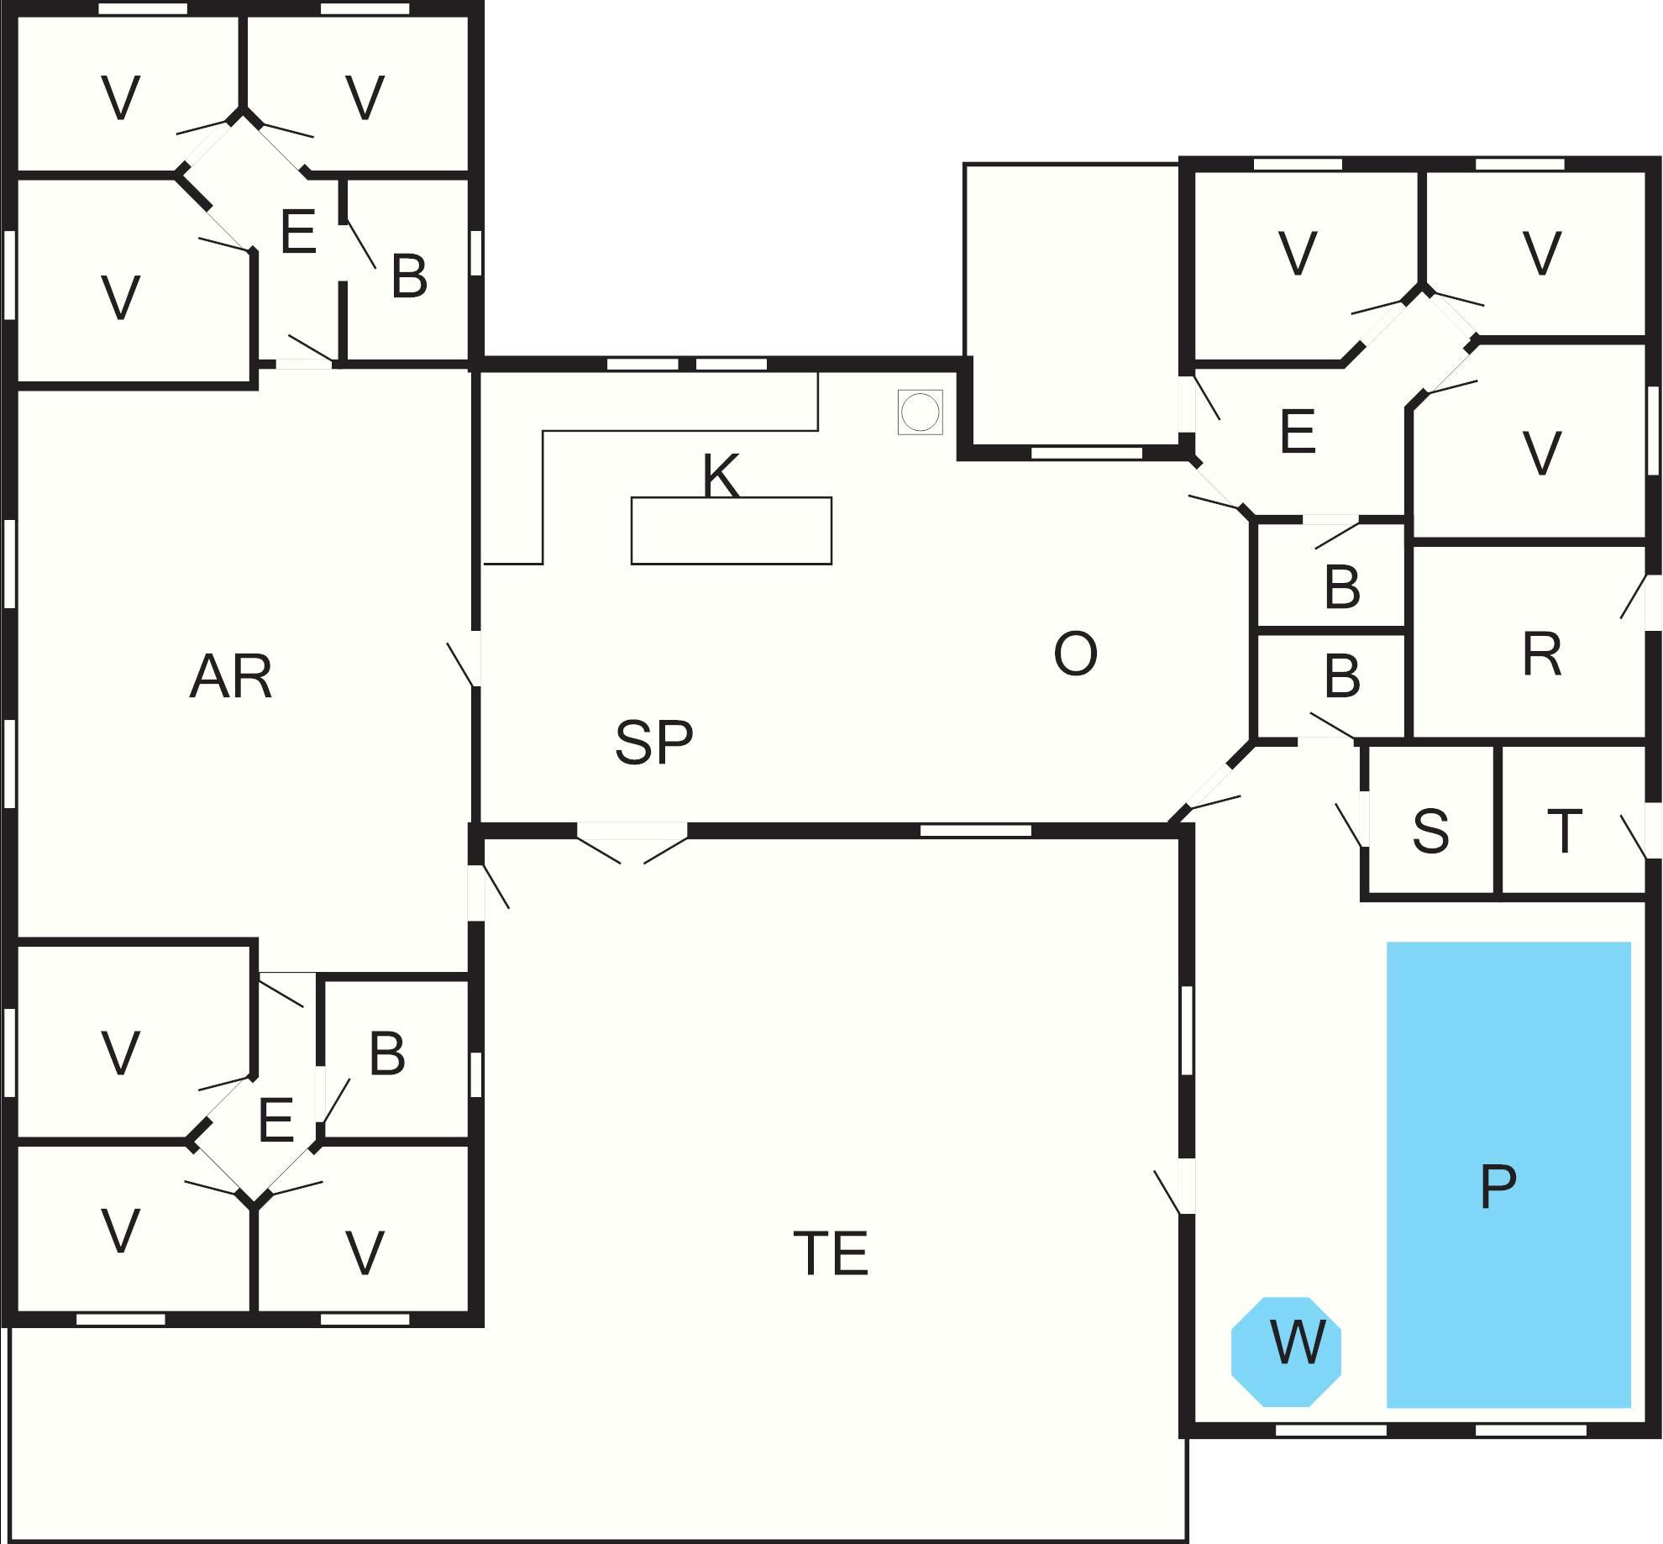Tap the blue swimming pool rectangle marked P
[x=1508, y=1176]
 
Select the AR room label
[x=231, y=677]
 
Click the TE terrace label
[x=830, y=1253]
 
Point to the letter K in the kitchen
[x=721, y=475]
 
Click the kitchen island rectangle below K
[x=731, y=531]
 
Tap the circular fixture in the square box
[x=920, y=412]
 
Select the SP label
[x=653, y=743]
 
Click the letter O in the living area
[x=1075, y=654]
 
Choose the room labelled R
[x=1541, y=654]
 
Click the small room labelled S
[x=1430, y=832]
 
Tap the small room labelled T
[x=1564, y=832]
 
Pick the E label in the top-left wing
[x=298, y=232]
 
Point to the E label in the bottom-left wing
[x=276, y=1120]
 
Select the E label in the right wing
[x=1297, y=432]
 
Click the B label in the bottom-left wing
[x=387, y=1053]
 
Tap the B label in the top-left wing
[x=409, y=276]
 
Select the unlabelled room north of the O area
[x=1071, y=302]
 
